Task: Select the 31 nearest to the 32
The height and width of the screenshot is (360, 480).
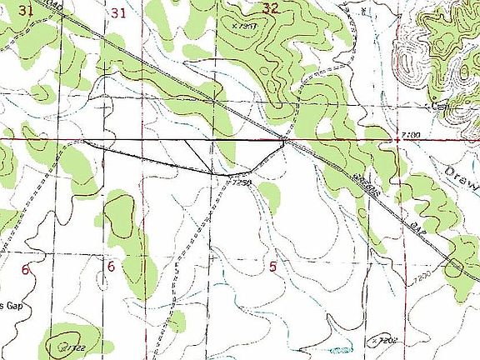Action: pyautogui.click(x=118, y=12)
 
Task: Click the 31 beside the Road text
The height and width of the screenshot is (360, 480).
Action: pyautogui.click(x=26, y=10)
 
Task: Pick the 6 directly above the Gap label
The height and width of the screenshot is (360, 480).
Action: pyautogui.click(x=26, y=270)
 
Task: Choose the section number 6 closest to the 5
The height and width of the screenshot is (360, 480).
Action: pyautogui.click(x=111, y=267)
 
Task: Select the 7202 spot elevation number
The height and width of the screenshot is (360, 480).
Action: pyautogui.click(x=384, y=342)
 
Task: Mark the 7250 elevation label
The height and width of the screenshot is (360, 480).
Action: pyautogui.click(x=242, y=181)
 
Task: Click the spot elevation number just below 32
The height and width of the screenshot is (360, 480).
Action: pyautogui.click(x=245, y=25)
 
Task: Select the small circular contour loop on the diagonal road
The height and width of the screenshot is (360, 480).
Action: pyautogui.click(x=455, y=267)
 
